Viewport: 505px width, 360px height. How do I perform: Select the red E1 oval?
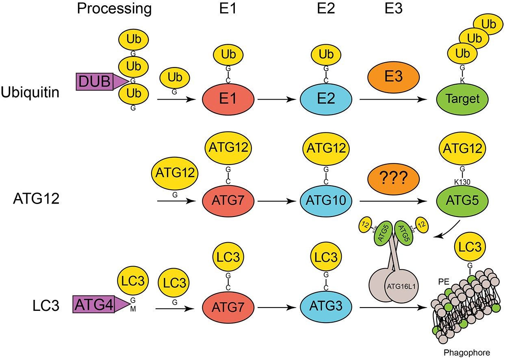pyautogui.click(x=228, y=99)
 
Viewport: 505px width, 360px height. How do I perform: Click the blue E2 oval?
pyautogui.click(x=327, y=99)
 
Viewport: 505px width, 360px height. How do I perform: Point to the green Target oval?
pyautogui.click(x=462, y=99)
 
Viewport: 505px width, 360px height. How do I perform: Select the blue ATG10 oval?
pyautogui.click(x=327, y=200)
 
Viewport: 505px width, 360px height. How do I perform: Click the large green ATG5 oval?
pyautogui.click(x=462, y=200)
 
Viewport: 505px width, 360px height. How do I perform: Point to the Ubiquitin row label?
pyautogui.click(x=30, y=93)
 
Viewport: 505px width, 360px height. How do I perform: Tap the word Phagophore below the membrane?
pyautogui.click(x=467, y=352)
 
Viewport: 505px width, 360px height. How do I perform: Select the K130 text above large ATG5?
pyautogui.click(x=462, y=182)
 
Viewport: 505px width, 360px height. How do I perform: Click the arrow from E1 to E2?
pyautogui.click(x=277, y=99)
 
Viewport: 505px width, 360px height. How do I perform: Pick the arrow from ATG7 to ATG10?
pyautogui.click(x=277, y=200)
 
